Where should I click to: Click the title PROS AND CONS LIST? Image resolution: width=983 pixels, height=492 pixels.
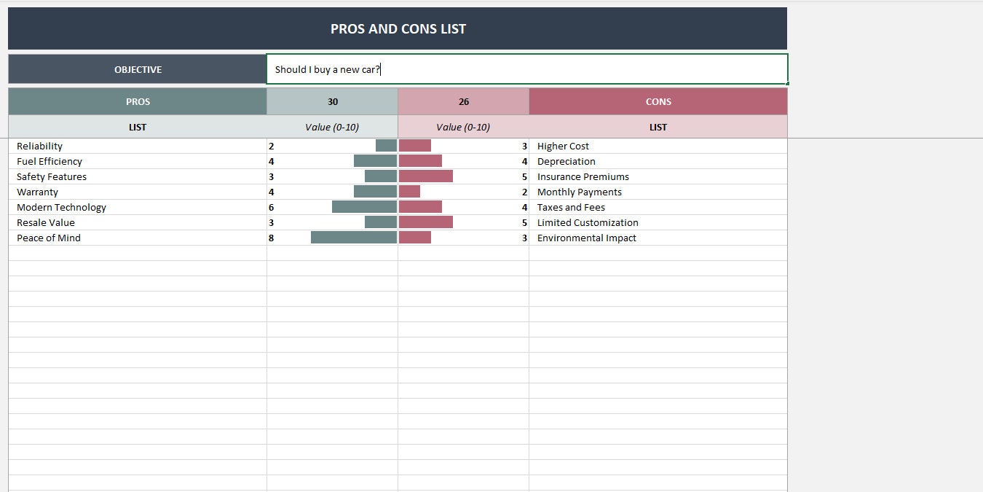click(398, 29)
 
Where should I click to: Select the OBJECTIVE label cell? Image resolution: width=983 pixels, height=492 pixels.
click(138, 70)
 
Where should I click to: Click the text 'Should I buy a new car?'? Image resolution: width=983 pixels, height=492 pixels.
click(327, 70)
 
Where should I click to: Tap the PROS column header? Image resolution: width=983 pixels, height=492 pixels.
click(138, 102)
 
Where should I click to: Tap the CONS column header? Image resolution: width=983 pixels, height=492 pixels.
click(658, 102)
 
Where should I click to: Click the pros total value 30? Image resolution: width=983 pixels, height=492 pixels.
click(333, 102)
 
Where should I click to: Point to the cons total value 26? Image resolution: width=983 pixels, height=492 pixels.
click(464, 102)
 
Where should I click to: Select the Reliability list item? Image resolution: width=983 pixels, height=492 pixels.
click(40, 147)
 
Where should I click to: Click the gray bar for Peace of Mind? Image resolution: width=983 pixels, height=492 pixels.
click(354, 238)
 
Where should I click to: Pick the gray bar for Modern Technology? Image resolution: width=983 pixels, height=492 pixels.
click(364, 207)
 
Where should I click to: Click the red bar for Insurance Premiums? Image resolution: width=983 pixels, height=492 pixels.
click(426, 176)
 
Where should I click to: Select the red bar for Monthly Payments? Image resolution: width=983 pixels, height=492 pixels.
click(410, 192)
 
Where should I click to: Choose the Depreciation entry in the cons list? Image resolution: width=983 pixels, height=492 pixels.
click(566, 162)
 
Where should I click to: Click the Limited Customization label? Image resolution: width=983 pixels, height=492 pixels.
click(588, 223)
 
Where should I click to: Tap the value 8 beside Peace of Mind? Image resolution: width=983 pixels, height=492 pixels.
click(272, 238)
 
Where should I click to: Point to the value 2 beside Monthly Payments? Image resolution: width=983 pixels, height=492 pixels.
click(524, 192)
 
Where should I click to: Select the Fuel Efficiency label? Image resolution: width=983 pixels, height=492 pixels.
click(50, 162)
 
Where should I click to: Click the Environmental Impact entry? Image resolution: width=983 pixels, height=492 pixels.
click(587, 238)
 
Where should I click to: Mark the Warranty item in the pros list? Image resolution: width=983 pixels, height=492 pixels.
click(38, 192)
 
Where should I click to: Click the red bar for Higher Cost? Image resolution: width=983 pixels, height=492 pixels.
click(415, 146)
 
